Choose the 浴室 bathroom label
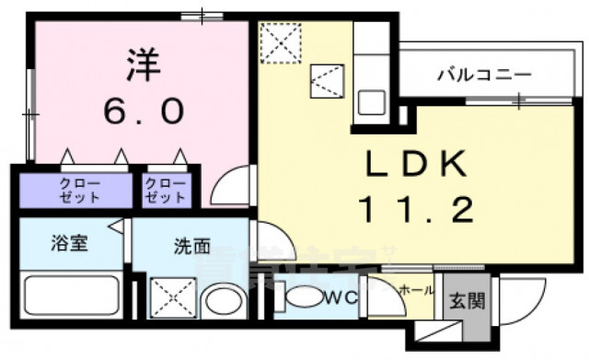click(69, 246)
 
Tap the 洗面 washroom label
click(192, 246)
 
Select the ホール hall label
click(416, 289)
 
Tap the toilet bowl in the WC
click(301, 299)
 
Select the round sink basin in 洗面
click(221, 300)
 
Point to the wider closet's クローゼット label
click(76, 191)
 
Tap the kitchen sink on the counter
click(373, 100)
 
